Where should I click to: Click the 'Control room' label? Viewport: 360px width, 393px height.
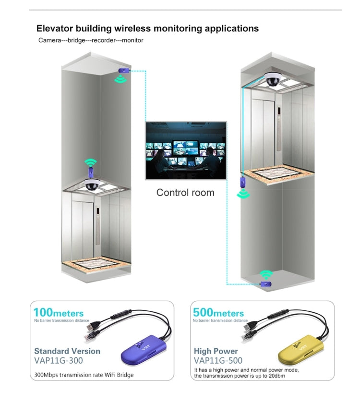tap(185, 193)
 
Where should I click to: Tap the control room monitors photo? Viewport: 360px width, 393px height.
tap(185, 150)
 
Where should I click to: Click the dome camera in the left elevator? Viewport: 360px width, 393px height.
tap(91, 184)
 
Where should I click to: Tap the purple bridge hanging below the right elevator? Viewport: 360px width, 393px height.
tap(243, 183)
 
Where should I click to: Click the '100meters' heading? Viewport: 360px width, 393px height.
tap(59, 313)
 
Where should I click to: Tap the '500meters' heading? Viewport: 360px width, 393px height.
tap(218, 313)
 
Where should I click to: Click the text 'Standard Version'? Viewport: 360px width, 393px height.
tap(67, 351)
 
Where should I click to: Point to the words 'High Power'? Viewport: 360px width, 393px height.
tap(216, 351)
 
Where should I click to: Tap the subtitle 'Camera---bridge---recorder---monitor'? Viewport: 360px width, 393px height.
tap(91, 40)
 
